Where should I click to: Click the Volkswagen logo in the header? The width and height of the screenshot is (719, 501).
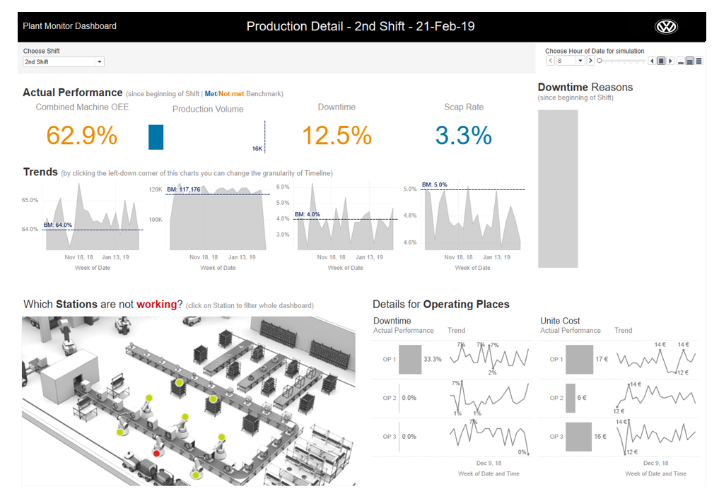click(665, 27)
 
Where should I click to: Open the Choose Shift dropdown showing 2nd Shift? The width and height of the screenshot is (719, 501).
click(63, 62)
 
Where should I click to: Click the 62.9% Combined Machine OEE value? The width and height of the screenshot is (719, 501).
click(82, 135)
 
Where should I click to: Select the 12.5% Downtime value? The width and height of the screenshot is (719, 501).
click(337, 135)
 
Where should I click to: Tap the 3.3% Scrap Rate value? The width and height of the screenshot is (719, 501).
click(463, 135)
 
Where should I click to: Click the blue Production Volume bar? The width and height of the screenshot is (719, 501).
click(156, 137)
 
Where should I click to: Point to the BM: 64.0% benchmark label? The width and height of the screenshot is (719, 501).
click(59, 225)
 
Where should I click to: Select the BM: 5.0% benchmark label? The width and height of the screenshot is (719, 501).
click(435, 185)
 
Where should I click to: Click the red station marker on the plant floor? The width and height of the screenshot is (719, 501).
click(156, 453)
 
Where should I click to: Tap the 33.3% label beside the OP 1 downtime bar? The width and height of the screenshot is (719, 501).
click(432, 359)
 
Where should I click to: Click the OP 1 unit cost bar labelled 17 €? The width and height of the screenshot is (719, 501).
click(580, 359)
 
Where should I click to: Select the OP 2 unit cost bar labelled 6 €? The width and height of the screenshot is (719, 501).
click(571, 398)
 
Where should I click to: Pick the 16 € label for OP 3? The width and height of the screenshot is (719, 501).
click(600, 437)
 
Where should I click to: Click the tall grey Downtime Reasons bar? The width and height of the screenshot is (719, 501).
click(558, 189)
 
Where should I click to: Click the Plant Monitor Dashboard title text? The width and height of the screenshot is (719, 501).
click(69, 26)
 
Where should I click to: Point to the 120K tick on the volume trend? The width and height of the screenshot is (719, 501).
click(155, 190)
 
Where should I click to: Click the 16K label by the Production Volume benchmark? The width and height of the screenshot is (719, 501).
click(257, 149)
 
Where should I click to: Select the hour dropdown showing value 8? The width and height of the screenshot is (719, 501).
click(570, 61)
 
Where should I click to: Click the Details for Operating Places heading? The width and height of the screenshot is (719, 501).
click(440, 305)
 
